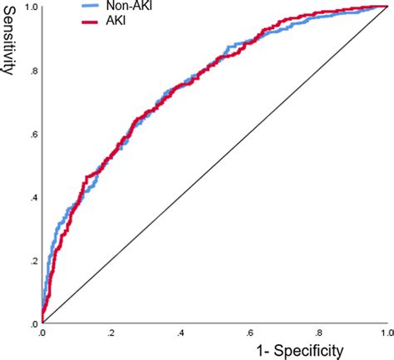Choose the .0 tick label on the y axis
(31, 323)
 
